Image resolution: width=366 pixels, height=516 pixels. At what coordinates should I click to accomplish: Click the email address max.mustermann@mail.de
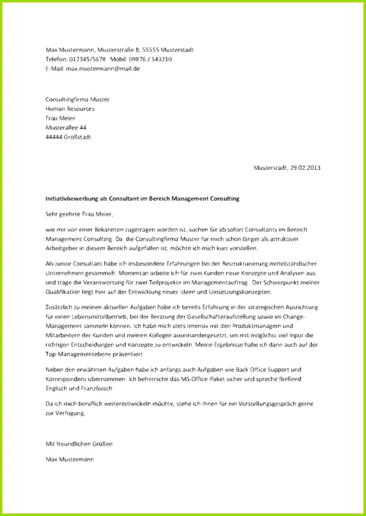pos(102,69)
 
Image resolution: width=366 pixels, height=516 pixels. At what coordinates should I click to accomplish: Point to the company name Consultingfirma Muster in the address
pos(77,100)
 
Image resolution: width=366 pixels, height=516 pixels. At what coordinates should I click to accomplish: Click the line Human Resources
pos(70,109)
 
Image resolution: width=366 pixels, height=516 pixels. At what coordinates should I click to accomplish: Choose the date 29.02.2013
pos(305,168)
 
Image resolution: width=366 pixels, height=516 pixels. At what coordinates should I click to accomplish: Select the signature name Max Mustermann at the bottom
pos(69,459)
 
